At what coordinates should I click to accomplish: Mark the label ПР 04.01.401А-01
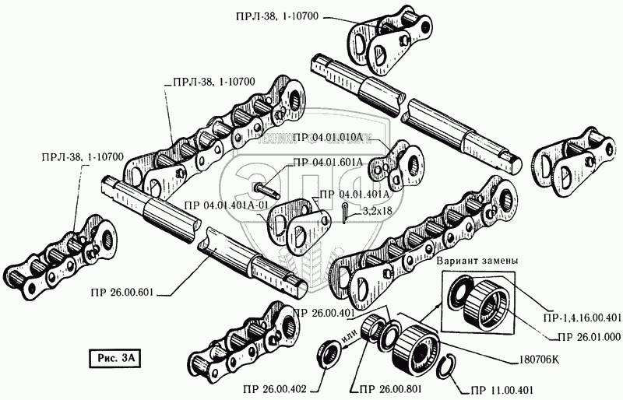227,205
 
